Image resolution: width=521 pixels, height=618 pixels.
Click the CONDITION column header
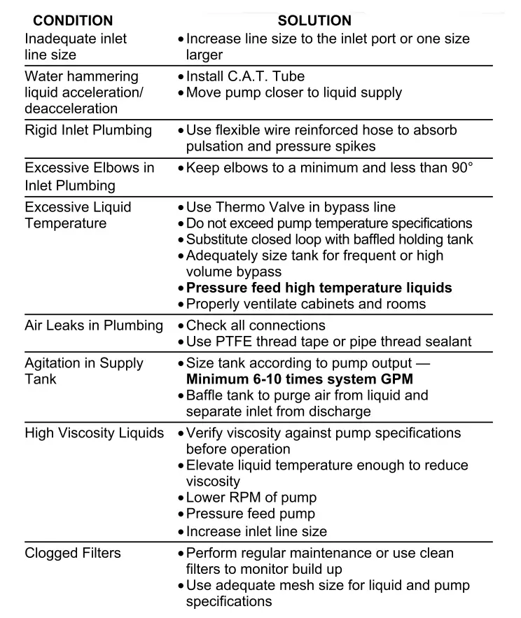[73, 21]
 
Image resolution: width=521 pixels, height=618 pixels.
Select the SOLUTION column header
[314, 21]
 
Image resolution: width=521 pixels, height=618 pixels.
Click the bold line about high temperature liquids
[319, 288]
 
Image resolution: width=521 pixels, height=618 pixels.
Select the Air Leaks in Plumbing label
[93, 325]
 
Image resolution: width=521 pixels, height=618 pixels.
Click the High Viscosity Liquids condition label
[95, 434]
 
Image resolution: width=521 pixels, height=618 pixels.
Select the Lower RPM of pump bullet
[251, 498]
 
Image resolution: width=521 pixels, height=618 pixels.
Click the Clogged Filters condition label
[73, 553]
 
